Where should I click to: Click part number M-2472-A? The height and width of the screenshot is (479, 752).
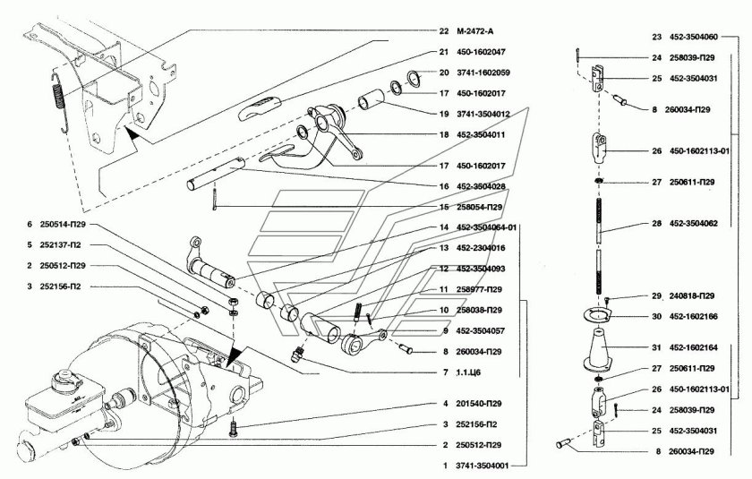(474, 31)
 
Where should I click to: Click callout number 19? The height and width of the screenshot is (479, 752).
(444, 114)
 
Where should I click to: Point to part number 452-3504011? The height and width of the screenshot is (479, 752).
(481, 134)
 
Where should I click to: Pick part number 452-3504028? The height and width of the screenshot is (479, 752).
(481, 186)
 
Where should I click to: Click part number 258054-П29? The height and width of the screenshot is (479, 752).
(479, 207)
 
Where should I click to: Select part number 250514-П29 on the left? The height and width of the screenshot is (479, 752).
(63, 225)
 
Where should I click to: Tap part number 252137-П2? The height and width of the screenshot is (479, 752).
(61, 245)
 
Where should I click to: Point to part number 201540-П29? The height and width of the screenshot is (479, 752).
(479, 404)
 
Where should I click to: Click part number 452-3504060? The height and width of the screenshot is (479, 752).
(694, 37)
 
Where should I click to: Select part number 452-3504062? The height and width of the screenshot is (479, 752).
(694, 224)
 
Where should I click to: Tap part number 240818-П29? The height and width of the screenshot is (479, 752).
(691, 295)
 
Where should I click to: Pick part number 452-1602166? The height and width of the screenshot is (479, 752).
(694, 316)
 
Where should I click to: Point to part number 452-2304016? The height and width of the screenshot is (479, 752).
(481, 248)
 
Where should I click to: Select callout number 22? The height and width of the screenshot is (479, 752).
(444, 31)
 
